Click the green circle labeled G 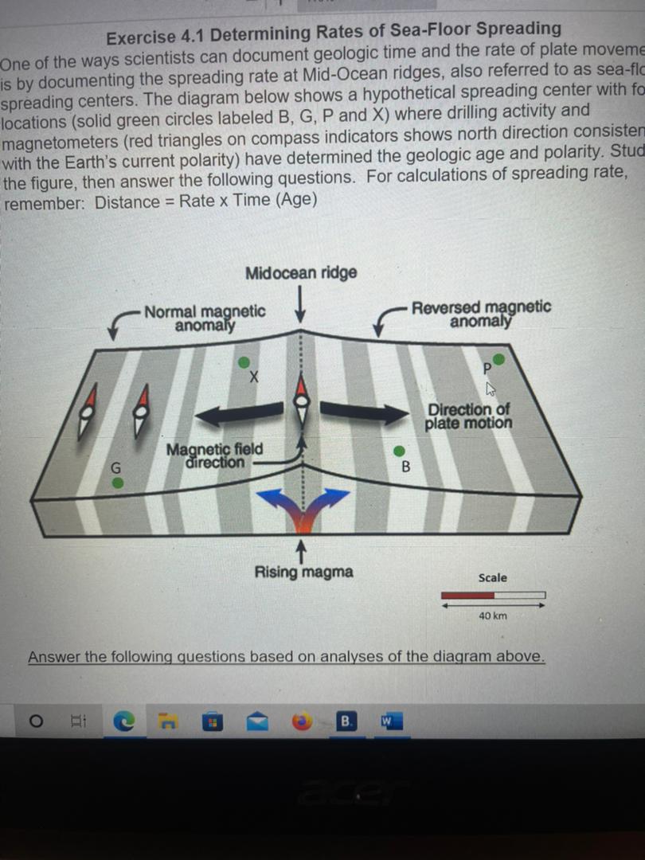pos(117,483)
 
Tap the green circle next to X pos(245,362)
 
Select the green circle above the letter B pos(399,451)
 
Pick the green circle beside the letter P pos(499,359)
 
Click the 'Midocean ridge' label pos(301,273)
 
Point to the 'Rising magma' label pos(303,572)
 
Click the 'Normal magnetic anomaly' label pos(205,317)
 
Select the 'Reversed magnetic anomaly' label pos(480,314)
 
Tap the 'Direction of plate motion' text pos(468,416)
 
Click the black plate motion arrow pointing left pos(239,413)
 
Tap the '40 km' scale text pos(493,616)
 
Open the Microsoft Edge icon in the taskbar pos(123,722)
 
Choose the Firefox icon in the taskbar pos(303,722)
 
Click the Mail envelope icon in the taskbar pos(259,722)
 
